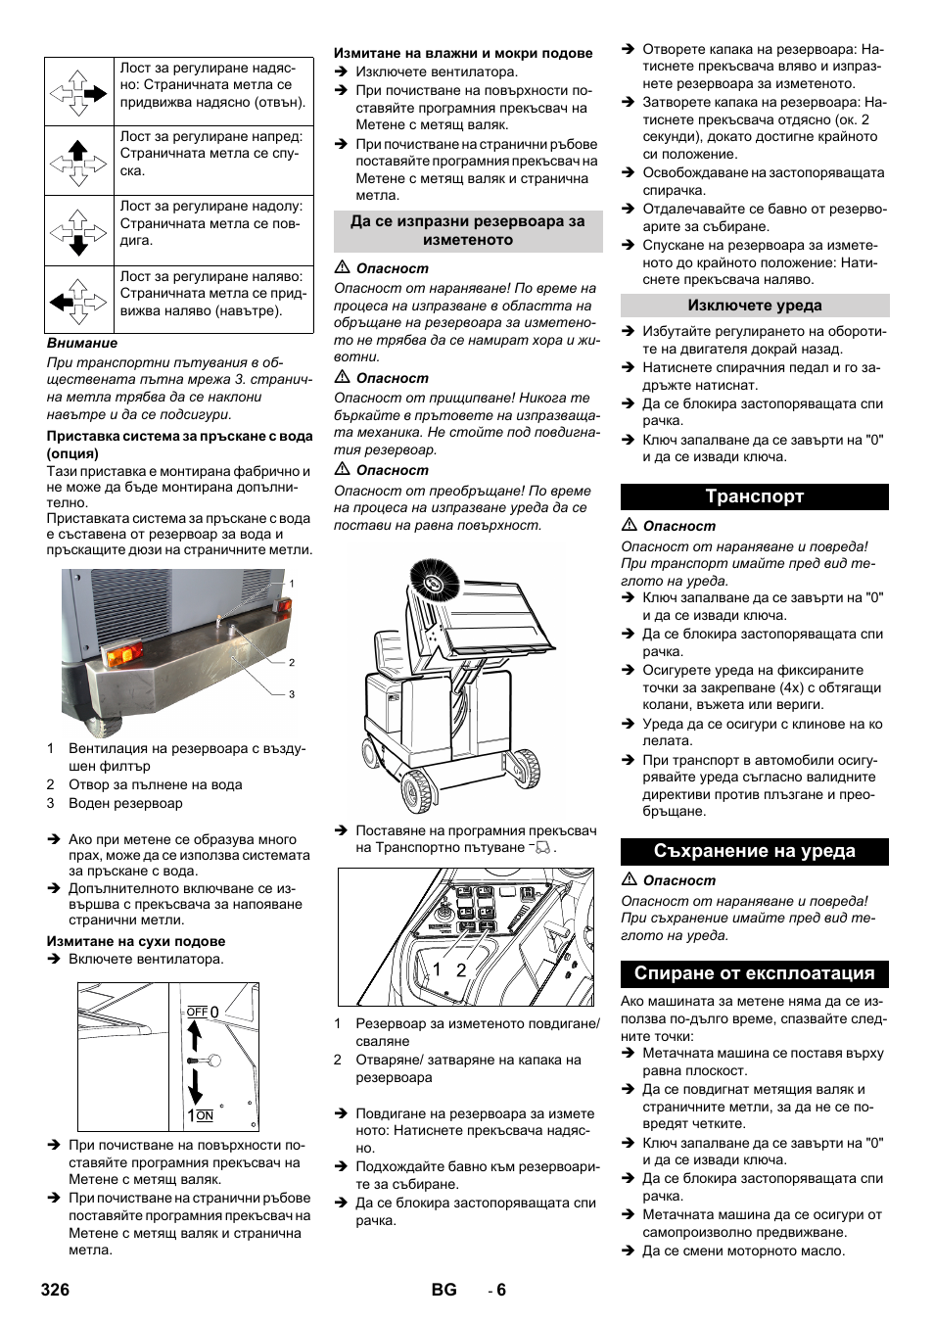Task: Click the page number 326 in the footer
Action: coord(56,1290)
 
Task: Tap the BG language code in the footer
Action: coord(444,1290)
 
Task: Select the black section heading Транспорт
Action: coord(754,496)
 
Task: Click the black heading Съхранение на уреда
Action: coord(754,851)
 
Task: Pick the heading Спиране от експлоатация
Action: coord(754,973)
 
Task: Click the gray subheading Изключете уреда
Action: coord(754,306)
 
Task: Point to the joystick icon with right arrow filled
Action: coord(78,92)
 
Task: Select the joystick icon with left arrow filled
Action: coord(78,300)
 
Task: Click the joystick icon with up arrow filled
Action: coord(78,161)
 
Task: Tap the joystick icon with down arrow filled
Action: coord(78,231)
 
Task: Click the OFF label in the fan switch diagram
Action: coord(197,1012)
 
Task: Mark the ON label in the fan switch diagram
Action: coord(205,1115)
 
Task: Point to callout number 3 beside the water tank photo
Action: coord(291,694)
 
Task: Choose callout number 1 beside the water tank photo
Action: coord(291,584)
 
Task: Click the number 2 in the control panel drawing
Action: coord(461,969)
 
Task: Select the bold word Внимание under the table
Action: coord(82,343)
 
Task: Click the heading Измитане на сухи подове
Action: coord(136,941)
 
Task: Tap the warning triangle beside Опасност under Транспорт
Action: coord(629,526)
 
